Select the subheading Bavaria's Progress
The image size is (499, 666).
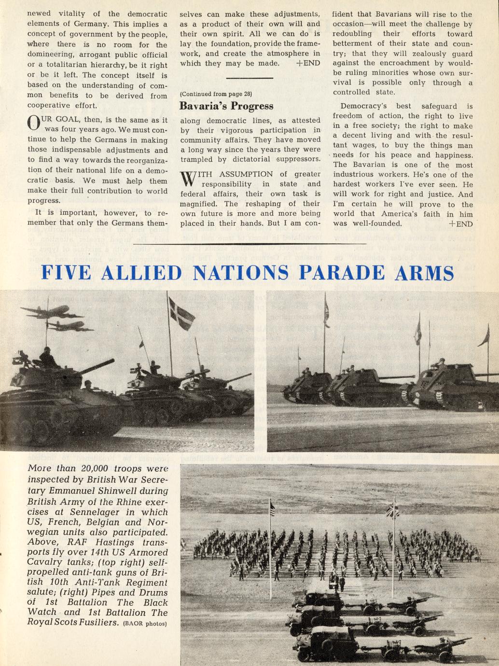point(226,106)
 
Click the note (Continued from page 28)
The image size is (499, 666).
point(216,94)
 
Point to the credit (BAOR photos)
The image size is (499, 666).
point(145,624)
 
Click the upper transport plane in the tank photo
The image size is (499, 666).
point(50,312)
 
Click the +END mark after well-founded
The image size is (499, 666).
point(460,223)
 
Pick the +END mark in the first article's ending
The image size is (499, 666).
point(307,63)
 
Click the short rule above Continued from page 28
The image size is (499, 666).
point(249,78)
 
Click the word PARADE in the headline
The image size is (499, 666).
point(343,273)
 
